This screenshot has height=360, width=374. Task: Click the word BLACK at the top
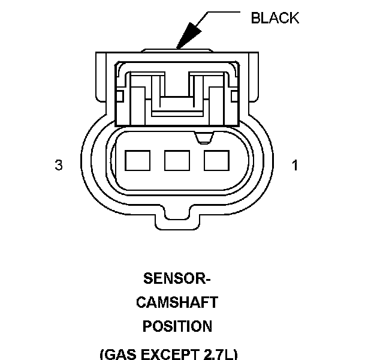click(x=275, y=18)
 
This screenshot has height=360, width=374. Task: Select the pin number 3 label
click(x=59, y=166)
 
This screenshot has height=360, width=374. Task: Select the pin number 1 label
click(x=294, y=166)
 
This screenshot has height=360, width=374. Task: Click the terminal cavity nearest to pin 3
click(x=137, y=160)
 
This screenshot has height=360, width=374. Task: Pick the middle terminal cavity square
click(x=177, y=160)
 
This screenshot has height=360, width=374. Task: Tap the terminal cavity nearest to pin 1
click(x=216, y=160)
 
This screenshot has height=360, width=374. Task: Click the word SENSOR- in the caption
click(x=177, y=279)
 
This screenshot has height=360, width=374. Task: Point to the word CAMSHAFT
click(x=177, y=302)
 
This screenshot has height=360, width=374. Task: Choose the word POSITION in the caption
click(x=177, y=326)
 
